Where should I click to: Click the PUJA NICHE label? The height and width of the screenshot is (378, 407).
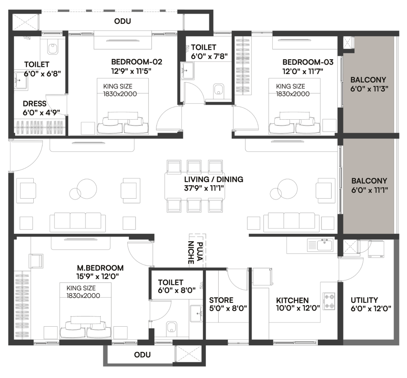[195, 253]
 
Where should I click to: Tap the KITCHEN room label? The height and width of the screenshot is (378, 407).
[292, 300]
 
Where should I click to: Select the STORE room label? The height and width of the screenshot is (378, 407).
[221, 300]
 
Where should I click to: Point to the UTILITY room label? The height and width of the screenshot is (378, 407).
[364, 300]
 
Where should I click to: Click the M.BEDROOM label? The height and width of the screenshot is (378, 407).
[100, 268]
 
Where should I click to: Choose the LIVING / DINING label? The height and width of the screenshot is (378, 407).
[213, 179]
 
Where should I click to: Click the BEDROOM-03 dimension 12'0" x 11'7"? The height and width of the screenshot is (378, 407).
[302, 71]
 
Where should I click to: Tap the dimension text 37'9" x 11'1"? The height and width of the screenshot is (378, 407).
[204, 188]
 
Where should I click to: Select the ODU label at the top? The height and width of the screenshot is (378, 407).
[122, 21]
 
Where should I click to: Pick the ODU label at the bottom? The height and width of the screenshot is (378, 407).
[142, 355]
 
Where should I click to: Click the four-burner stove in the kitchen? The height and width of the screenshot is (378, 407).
[329, 301]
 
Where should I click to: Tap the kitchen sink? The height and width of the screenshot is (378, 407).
[324, 245]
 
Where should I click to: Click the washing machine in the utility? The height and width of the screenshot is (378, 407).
[376, 249]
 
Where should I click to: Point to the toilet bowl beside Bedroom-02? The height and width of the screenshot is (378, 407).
[53, 48]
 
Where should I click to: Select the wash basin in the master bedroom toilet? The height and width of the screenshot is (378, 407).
[196, 314]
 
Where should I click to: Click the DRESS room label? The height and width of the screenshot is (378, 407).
[35, 104]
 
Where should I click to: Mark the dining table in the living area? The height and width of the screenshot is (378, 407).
[195, 186]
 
